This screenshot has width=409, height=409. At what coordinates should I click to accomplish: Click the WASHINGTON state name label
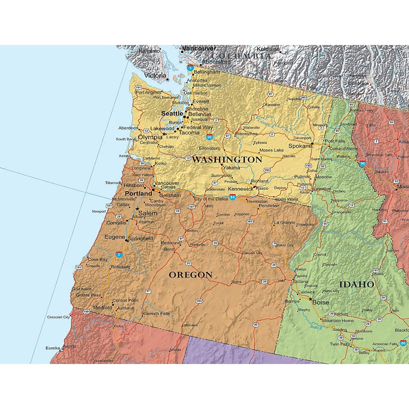(227, 160)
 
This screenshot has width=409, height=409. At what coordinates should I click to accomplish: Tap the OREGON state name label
(191, 275)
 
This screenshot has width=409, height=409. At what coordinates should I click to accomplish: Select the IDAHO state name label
(357, 284)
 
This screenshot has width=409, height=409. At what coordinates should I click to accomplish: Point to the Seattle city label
(172, 113)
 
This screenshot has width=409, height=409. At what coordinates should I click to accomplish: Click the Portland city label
(138, 194)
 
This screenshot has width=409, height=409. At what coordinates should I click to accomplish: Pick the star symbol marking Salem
(137, 209)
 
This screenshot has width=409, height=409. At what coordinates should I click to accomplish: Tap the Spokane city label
(300, 146)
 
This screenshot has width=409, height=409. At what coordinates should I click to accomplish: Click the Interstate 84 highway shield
(232, 197)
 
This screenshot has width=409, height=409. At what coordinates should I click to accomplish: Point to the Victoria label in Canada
(155, 76)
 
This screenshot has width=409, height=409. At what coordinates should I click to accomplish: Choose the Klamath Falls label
(156, 314)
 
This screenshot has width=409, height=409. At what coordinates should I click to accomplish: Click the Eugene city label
(115, 237)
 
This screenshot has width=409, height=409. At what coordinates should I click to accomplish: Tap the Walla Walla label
(286, 199)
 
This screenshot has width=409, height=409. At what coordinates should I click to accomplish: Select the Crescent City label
(58, 317)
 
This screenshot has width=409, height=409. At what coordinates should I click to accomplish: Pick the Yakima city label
(231, 168)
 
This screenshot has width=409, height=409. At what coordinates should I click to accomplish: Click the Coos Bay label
(97, 259)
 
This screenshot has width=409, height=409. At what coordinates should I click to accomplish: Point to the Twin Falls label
(340, 344)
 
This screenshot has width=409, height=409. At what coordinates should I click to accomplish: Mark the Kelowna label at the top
(268, 49)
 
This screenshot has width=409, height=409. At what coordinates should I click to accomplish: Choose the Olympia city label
(150, 137)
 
